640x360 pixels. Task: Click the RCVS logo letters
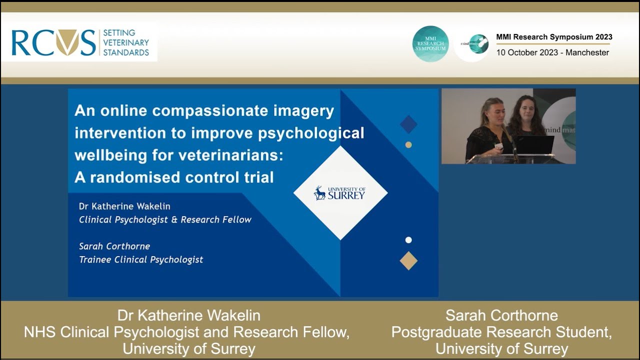click(53, 43)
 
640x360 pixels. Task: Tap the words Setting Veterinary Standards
click(125, 43)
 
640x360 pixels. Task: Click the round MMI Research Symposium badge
click(430, 44)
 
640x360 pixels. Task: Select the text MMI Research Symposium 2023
click(554, 37)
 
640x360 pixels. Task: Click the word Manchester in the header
click(587, 52)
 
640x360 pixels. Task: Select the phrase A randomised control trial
click(174, 177)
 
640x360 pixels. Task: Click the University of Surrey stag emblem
click(319, 193)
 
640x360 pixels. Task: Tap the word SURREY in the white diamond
click(346, 195)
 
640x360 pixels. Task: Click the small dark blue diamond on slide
click(408, 124)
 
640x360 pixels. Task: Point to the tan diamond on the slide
click(408, 260)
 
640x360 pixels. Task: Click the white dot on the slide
click(408, 240)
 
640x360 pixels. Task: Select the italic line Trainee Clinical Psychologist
click(141, 259)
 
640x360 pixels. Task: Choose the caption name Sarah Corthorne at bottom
click(501, 315)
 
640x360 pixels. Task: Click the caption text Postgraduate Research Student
click(501, 332)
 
